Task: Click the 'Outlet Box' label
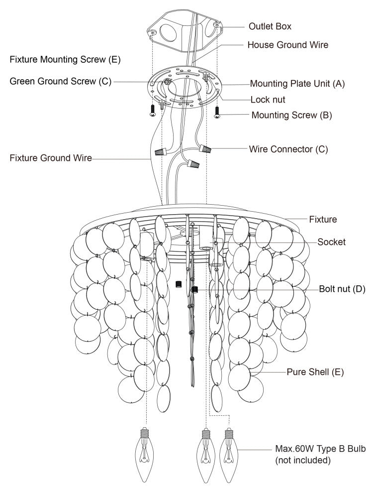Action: coord(270,26)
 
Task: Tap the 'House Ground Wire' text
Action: coord(288,44)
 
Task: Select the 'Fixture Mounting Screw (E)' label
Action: coord(65,60)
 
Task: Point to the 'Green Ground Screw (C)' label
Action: coord(61,81)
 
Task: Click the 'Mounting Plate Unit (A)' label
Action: coord(297,83)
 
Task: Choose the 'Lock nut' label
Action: coord(268,99)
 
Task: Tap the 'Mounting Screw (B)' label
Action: coord(291,115)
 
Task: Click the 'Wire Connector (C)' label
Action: coord(288,149)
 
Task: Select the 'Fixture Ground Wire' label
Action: coord(51,158)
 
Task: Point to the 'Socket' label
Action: coord(331,242)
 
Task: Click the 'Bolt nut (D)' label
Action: coord(342,289)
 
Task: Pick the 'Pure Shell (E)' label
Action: coord(315,371)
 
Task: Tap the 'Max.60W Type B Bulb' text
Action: coord(320,449)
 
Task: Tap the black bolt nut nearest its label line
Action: coord(195,289)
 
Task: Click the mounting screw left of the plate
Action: coord(153,111)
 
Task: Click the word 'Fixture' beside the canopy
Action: coord(323,219)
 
